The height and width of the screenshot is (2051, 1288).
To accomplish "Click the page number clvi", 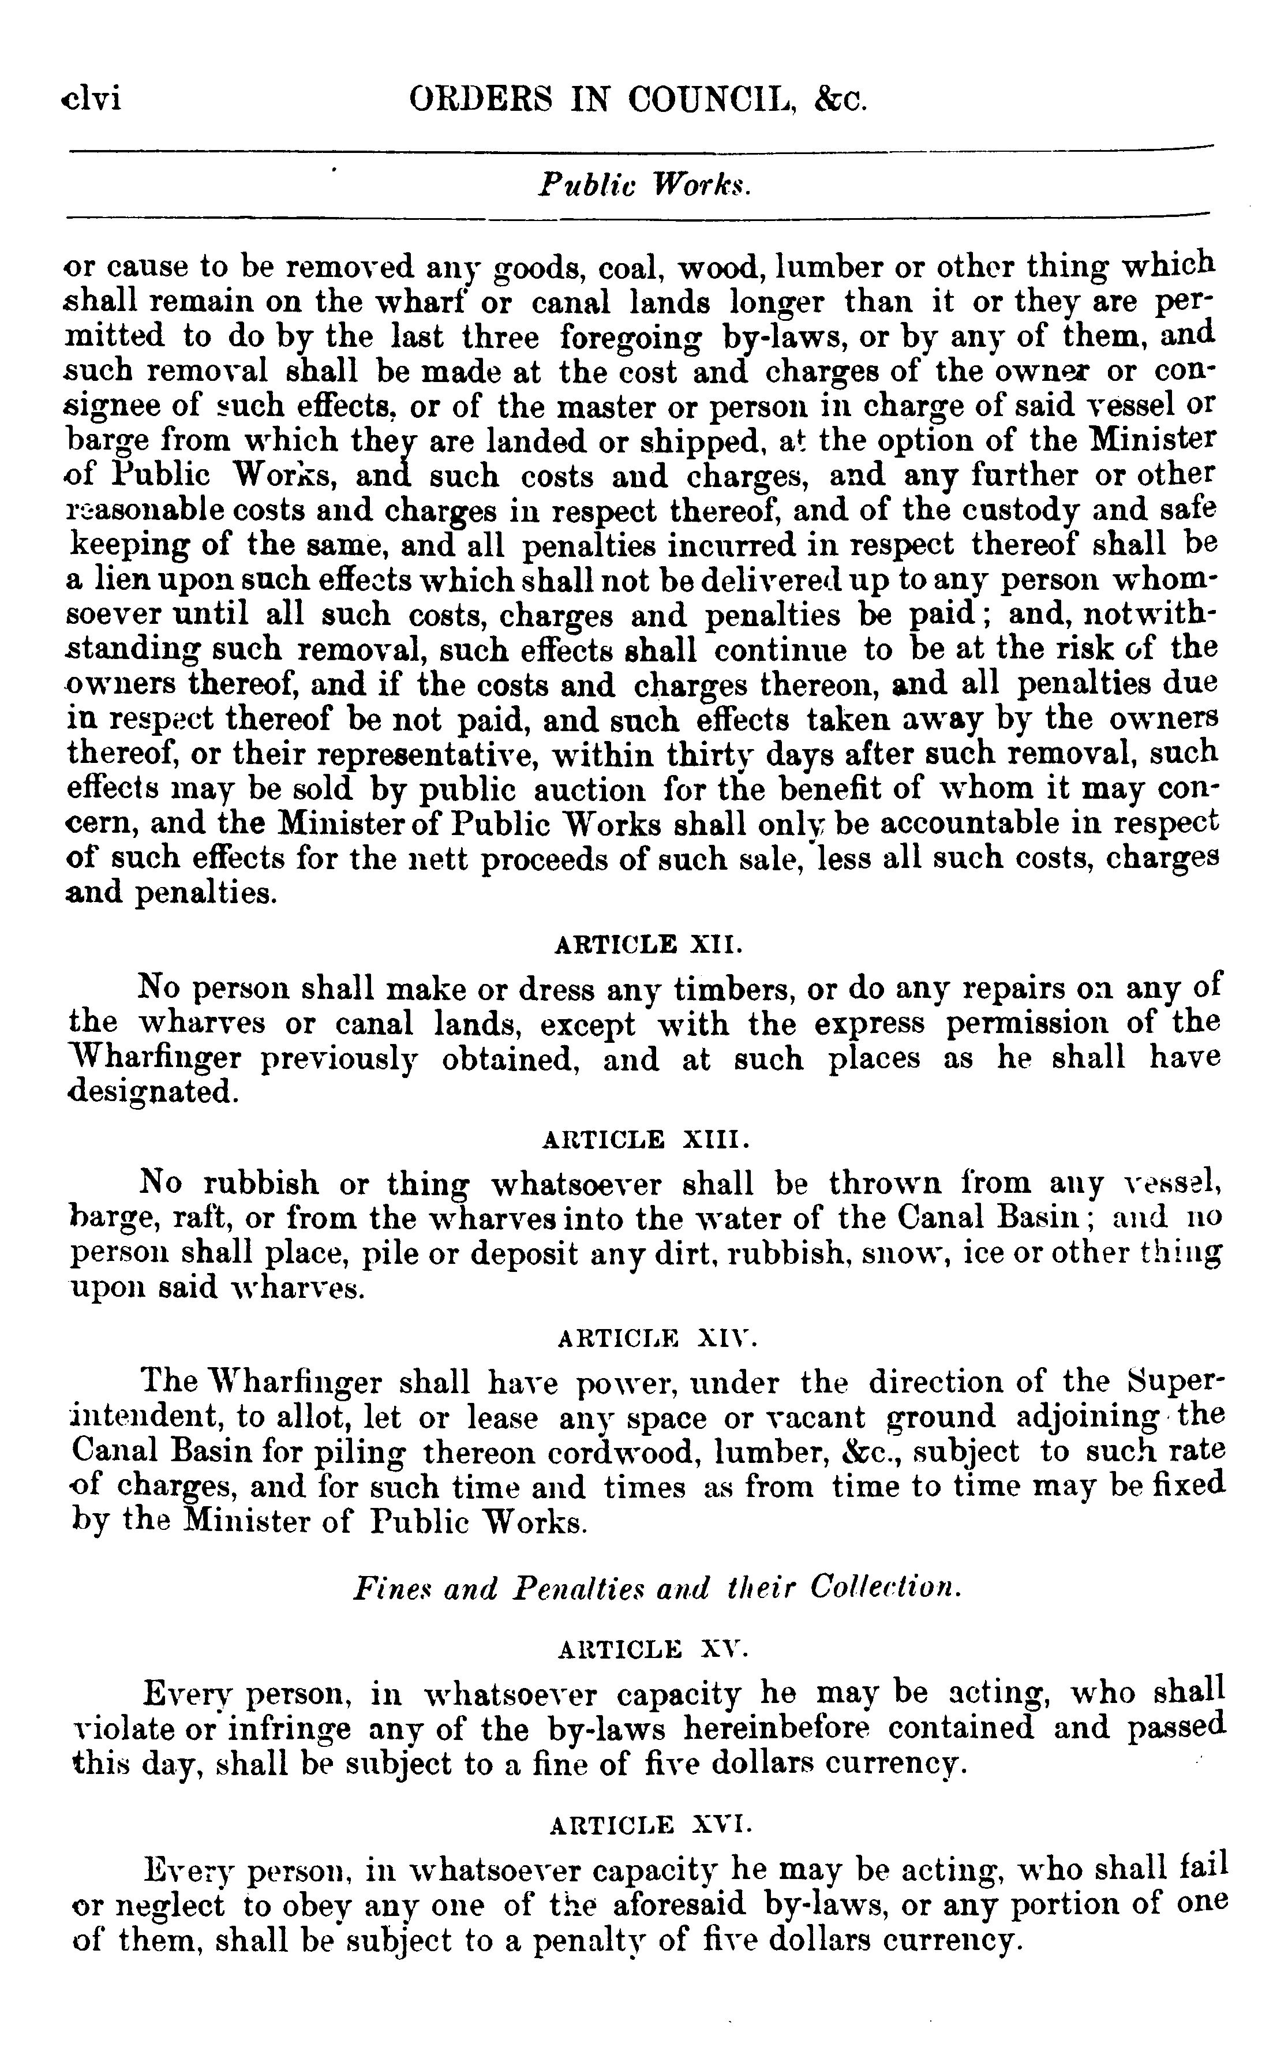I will pyautogui.click(x=92, y=100).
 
